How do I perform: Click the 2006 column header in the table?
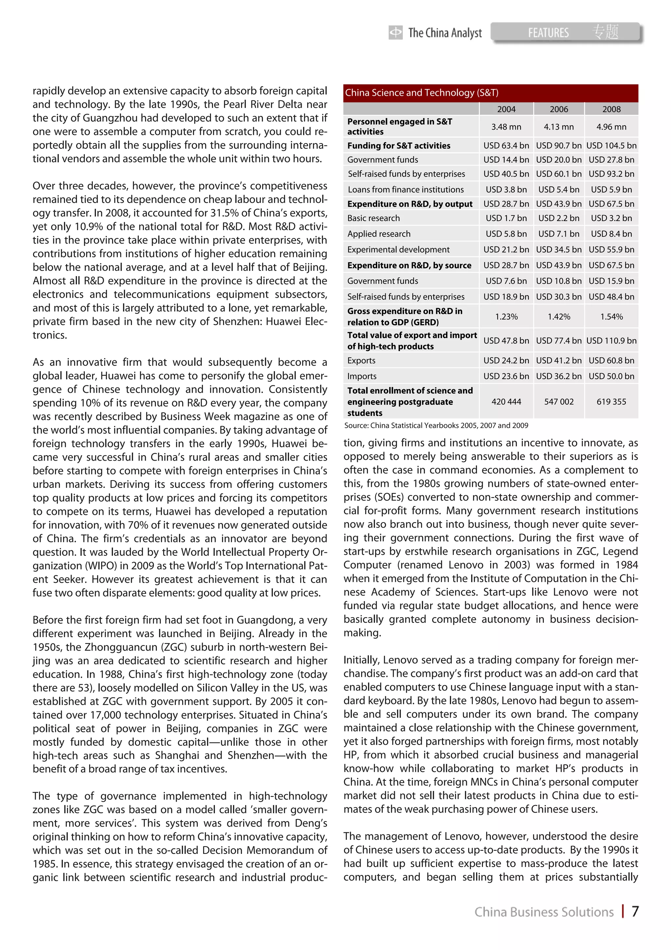(559, 109)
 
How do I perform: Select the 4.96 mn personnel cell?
(611, 127)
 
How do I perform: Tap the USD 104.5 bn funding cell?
(611, 146)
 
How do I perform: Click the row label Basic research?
(373, 218)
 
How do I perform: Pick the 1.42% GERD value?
(559, 316)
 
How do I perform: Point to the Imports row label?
(362, 376)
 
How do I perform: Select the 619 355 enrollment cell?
(611, 401)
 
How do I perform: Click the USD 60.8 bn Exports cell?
(611, 360)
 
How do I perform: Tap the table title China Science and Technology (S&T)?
(421, 93)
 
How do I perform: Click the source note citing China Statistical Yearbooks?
(436, 425)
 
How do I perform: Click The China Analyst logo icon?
(395, 32)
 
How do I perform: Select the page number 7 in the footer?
(635, 912)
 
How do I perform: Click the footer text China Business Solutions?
(544, 912)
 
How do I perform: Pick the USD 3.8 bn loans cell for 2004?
(506, 190)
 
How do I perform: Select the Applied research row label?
(379, 234)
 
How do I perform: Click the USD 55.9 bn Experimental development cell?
(611, 250)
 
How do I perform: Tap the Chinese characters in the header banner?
(606, 32)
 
